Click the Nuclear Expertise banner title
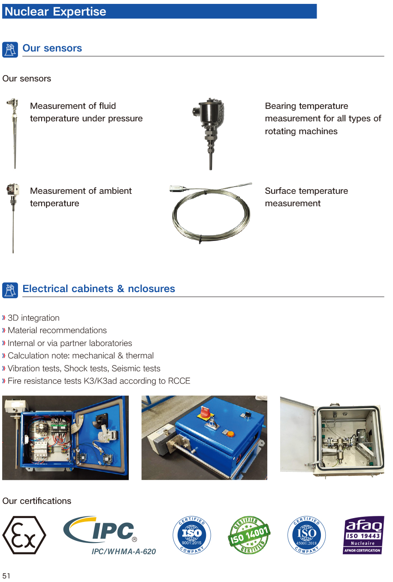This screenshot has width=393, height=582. click(x=55, y=12)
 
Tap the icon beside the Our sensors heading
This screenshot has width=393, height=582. click(x=10, y=50)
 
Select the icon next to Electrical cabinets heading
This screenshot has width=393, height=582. click(x=10, y=290)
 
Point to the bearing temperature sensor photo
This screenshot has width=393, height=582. click(x=209, y=134)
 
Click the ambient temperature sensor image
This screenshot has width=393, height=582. click(x=13, y=218)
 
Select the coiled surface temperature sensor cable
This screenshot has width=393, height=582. click(x=211, y=213)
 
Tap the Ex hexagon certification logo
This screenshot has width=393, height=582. click(x=24, y=535)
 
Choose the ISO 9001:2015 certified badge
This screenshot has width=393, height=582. click(x=192, y=535)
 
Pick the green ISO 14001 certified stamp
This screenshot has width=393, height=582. click(x=249, y=535)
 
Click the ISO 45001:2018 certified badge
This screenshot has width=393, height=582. click(x=307, y=535)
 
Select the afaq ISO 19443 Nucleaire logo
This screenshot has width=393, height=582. click(x=363, y=535)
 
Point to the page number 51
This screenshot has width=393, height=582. click(x=6, y=576)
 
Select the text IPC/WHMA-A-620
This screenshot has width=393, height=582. click(x=124, y=552)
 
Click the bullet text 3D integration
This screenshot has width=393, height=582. click(x=33, y=318)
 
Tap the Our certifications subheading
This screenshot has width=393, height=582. click(x=36, y=501)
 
